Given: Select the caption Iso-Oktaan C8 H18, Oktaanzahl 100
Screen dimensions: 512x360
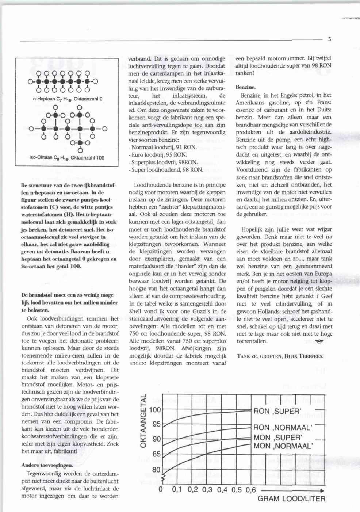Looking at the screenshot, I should tap(67, 158).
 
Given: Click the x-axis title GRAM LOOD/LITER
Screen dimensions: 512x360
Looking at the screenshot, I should tap(291, 498).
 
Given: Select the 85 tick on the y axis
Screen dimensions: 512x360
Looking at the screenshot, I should tap(156, 454).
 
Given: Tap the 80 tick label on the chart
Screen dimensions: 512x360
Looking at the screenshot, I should tap(156, 470).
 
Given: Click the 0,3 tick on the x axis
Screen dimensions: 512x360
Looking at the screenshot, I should tap(208, 490).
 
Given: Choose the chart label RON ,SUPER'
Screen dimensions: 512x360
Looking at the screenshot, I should tap(277, 412).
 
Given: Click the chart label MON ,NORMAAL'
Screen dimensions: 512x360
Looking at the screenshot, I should tap(283, 446).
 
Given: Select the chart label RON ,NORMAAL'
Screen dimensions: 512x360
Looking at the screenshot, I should tap(283, 428).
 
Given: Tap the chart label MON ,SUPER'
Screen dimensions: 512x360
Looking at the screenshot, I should tap(277, 437).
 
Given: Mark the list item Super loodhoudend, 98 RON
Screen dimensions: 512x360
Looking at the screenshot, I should tap(166, 170).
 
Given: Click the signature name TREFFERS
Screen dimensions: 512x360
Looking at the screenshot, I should tap(310, 356).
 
